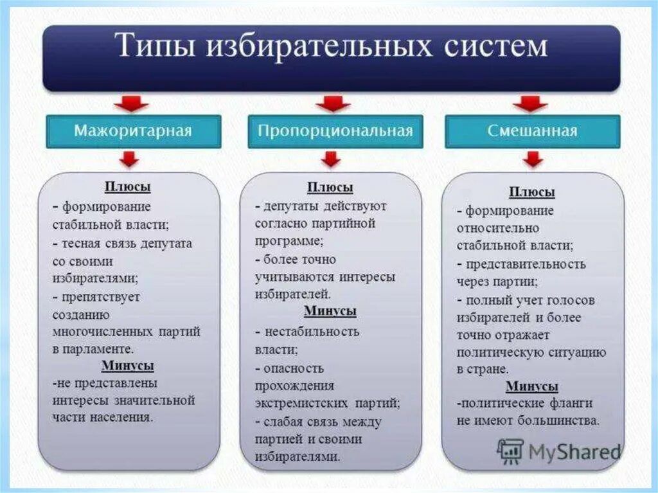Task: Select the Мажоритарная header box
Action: pos(133,131)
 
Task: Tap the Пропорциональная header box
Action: pos(335,131)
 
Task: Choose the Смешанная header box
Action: pos(532,131)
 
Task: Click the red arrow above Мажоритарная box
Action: pos(131,103)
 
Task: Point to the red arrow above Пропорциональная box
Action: pos(333,103)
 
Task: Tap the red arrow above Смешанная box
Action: pos(530,103)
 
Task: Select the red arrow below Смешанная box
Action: pos(533,159)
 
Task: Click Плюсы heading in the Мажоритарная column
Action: pos(128,187)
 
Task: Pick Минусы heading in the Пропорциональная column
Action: pos(330,311)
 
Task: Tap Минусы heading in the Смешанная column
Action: pos(532,386)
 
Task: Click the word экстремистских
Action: pos(301,404)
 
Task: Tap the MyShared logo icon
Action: pos(510,451)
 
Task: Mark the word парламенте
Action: pos(98,349)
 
